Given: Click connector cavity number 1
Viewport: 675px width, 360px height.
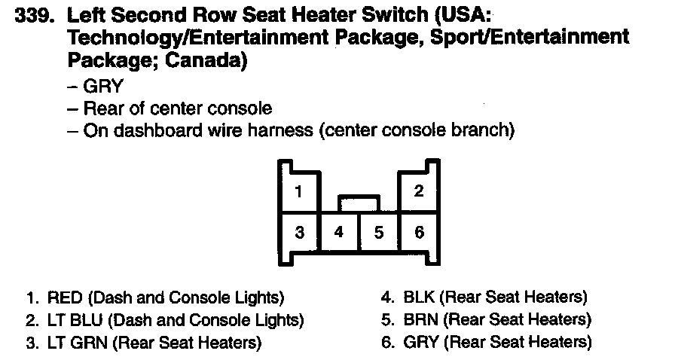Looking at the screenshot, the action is (299, 191).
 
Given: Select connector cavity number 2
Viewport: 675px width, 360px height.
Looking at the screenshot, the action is (419, 191).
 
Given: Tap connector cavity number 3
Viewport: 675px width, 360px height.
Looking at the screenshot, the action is (299, 232).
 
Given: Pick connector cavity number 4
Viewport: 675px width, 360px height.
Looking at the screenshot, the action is (339, 232).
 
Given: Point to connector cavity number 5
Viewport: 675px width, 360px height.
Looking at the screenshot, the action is (379, 232).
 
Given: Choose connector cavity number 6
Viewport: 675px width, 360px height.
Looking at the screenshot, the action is (419, 232).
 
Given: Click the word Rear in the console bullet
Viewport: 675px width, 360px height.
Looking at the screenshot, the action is (104, 108).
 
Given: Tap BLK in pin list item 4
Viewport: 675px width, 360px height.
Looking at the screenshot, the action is (420, 297).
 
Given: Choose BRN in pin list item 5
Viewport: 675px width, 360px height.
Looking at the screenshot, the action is (420, 320).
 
